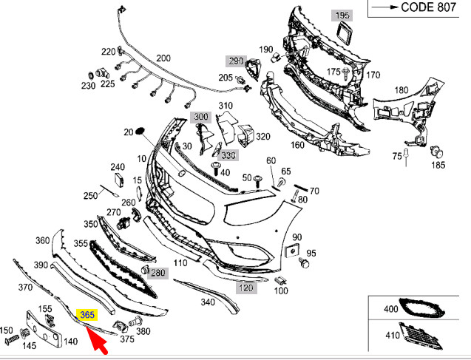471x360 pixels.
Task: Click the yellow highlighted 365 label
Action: (88, 314)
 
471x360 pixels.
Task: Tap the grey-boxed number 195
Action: (363, 15)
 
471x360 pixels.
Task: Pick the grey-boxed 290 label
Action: (236, 61)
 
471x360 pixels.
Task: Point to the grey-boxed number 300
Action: (202, 118)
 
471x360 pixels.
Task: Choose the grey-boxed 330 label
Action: (228, 156)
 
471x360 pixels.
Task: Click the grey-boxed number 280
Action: (158, 273)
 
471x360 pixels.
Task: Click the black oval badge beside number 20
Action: (143, 132)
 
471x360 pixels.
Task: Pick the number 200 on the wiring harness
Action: (163, 58)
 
